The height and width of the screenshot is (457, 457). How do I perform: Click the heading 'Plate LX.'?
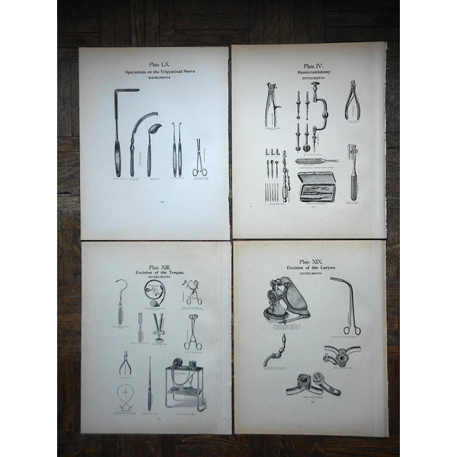click(154, 63)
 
